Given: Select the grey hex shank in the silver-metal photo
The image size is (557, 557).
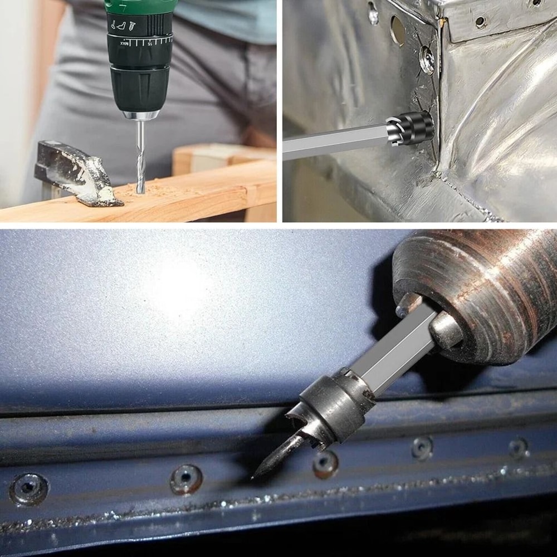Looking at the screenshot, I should point(334,143).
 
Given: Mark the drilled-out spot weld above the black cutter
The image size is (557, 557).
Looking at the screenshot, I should point(427,60).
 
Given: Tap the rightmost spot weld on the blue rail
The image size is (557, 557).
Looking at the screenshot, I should point(518,447).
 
